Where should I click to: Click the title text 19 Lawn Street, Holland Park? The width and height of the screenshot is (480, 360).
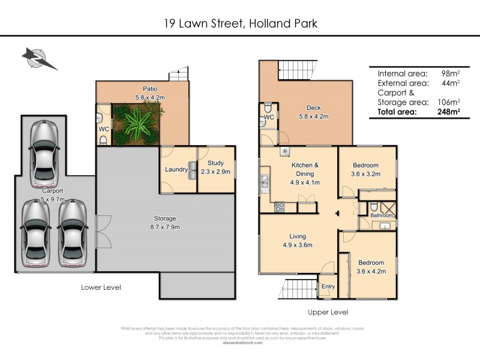(240, 24)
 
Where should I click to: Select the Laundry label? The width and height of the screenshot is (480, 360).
(176, 170)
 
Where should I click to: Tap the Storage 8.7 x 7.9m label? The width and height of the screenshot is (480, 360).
(164, 223)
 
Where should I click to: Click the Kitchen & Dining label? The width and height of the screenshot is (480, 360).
(305, 169)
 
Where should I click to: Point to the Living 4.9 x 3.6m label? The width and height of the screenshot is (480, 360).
(297, 241)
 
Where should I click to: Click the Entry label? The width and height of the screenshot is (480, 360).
(328, 287)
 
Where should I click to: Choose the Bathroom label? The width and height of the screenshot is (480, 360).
(381, 215)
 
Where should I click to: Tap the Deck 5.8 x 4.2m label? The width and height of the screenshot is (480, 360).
(314, 113)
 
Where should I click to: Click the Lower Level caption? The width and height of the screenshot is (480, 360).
(101, 287)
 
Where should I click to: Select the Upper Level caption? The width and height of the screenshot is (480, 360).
(328, 312)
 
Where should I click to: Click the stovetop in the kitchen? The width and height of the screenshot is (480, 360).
(280, 207)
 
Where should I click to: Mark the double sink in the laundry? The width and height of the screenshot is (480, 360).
(191, 169)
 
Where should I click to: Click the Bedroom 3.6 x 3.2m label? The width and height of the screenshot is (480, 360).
(365, 169)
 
